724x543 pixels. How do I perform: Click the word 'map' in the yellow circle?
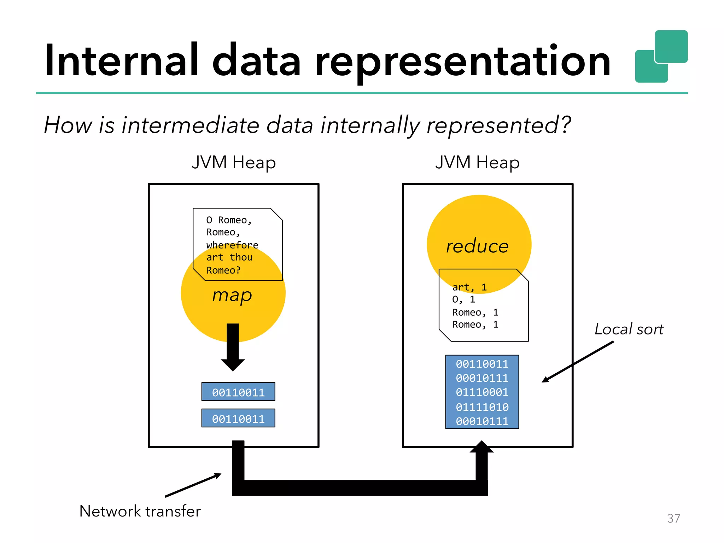(232, 295)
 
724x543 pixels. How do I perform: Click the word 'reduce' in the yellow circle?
(477, 246)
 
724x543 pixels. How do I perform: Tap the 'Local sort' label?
(629, 329)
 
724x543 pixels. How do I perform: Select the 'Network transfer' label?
(140, 511)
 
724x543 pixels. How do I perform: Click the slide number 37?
(673, 518)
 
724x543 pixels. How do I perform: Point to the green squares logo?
(661, 57)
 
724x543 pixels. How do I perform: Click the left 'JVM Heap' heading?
(233, 163)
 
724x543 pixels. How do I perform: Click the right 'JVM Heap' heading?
(477, 163)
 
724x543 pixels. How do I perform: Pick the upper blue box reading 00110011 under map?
(238, 392)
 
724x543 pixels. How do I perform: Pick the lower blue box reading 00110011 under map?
(238, 418)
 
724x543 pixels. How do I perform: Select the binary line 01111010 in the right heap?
(482, 407)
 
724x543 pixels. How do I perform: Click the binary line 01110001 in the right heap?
(482, 392)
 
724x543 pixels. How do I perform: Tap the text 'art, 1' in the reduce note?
(469, 287)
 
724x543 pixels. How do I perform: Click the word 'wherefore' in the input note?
(232, 245)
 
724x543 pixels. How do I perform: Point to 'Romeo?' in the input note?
(223, 270)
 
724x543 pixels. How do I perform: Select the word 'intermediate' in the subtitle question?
(191, 125)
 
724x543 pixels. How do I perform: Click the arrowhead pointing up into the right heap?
(481, 447)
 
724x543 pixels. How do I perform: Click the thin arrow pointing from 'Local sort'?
(578, 362)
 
